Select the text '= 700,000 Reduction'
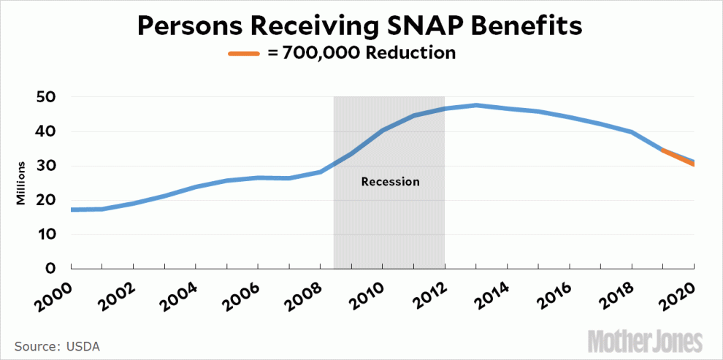pyautogui.click(x=362, y=53)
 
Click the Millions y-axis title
pyautogui.click(x=22, y=183)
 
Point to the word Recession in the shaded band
pyautogui.click(x=390, y=181)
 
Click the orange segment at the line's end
pyautogui.click(x=677, y=157)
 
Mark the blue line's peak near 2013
pyautogui.click(x=476, y=105)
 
